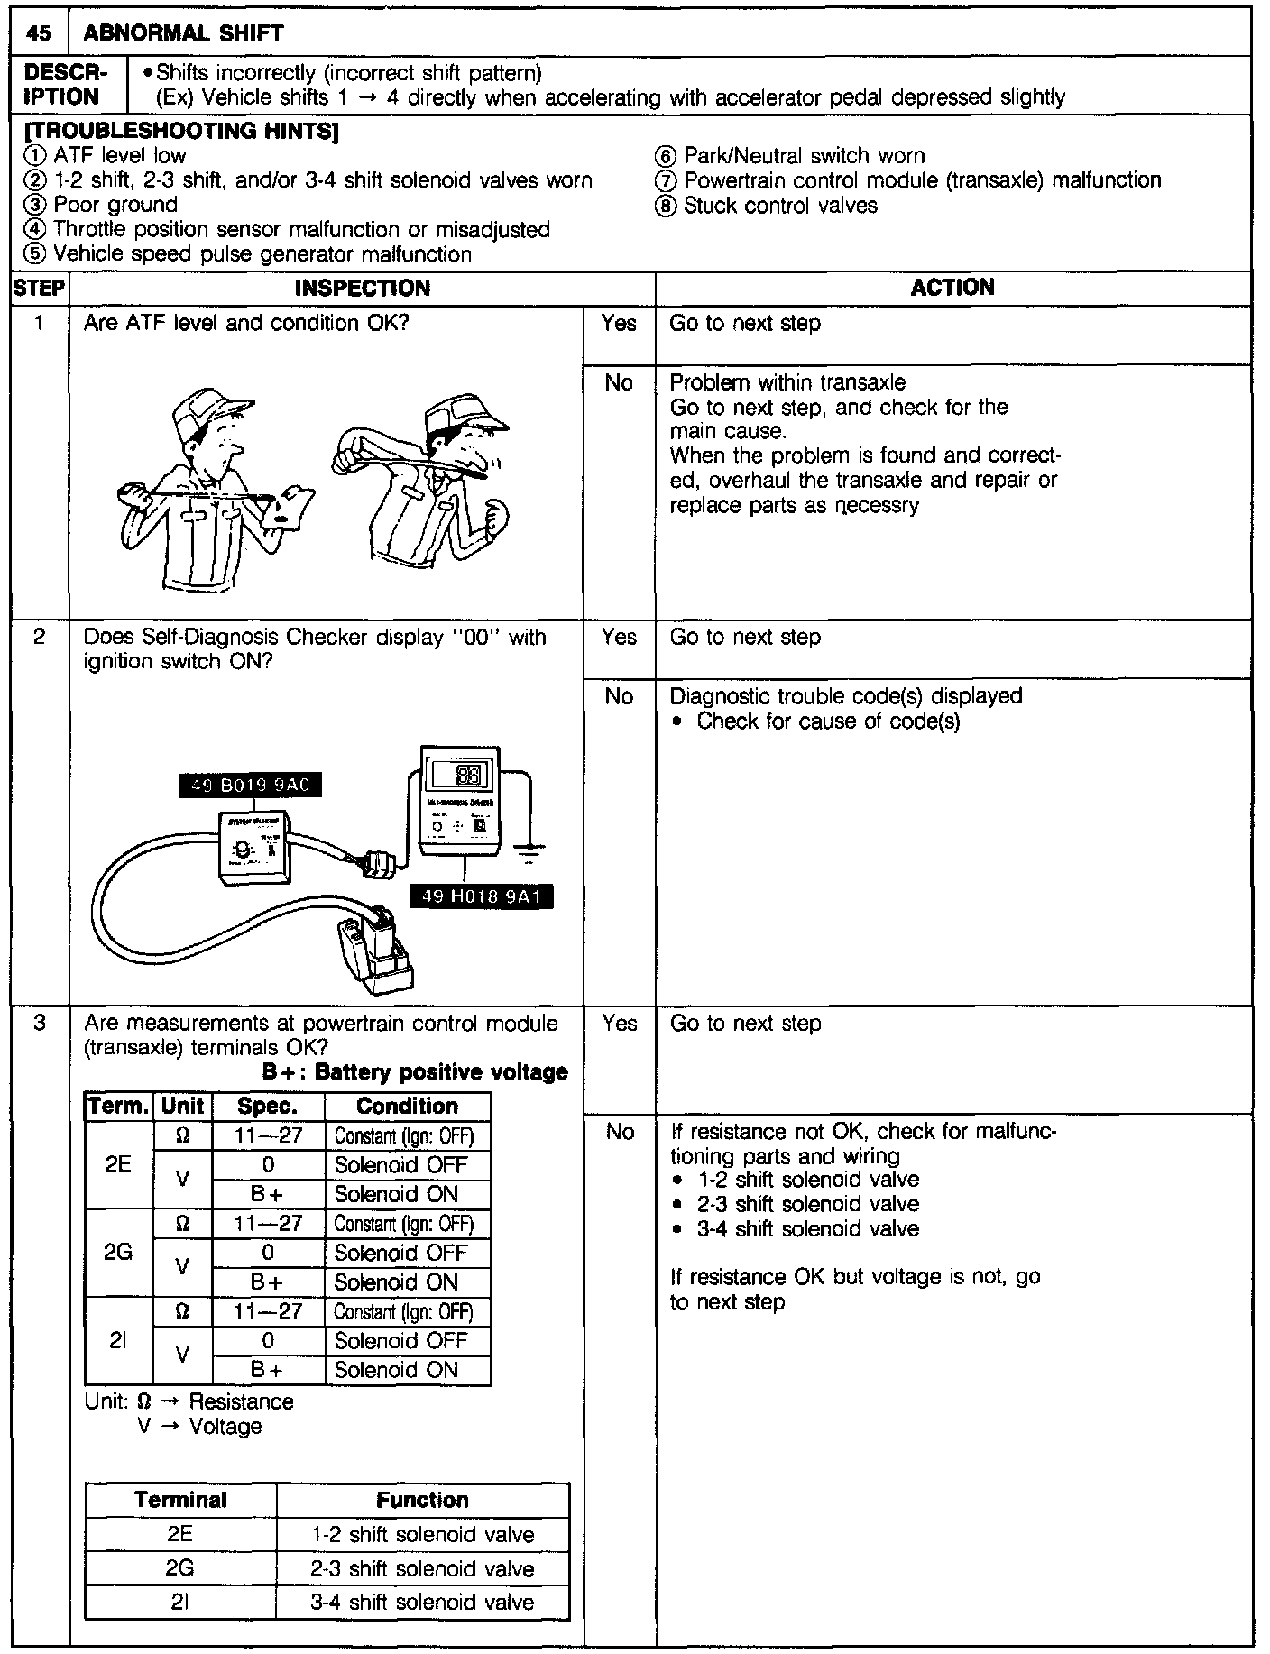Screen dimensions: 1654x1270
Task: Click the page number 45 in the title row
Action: pyautogui.click(x=38, y=33)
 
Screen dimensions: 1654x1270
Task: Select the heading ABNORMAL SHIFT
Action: pyautogui.click(x=183, y=34)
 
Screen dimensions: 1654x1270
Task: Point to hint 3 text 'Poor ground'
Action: pyautogui.click(x=115, y=205)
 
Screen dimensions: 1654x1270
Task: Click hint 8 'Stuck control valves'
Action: pyautogui.click(x=779, y=206)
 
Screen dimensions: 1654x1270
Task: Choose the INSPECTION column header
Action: pyautogui.click(x=363, y=289)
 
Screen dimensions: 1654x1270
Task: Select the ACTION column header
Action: pyautogui.click(x=952, y=288)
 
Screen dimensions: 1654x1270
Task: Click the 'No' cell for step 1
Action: pyautogui.click(x=619, y=383)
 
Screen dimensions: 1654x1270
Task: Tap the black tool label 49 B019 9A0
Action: pyautogui.click(x=250, y=786)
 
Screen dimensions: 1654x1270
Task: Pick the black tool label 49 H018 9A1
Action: pyautogui.click(x=480, y=896)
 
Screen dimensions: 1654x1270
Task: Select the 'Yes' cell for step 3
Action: pyautogui.click(x=619, y=1024)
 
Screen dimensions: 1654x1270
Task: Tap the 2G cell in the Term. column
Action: pyautogui.click(x=118, y=1253)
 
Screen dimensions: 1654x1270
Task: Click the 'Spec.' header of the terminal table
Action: pyautogui.click(x=267, y=1107)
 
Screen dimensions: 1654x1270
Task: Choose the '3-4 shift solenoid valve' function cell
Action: pyautogui.click(x=422, y=1603)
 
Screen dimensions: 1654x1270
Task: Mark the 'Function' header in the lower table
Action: pyautogui.click(x=422, y=1501)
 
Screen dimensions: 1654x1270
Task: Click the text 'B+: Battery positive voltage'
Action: pyautogui.click(x=415, y=1072)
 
